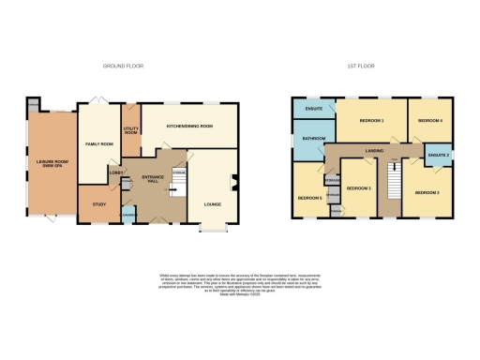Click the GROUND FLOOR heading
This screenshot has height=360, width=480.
[x=122, y=66]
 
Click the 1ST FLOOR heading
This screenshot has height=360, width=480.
[x=359, y=66]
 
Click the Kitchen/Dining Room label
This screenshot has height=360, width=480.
[x=188, y=125]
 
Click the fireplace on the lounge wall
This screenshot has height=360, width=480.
[x=234, y=185]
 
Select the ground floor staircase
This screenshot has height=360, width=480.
[x=175, y=191]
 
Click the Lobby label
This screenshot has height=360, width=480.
[x=115, y=172]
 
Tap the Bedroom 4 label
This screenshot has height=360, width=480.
[x=429, y=121]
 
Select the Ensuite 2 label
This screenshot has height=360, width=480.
[x=438, y=154]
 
